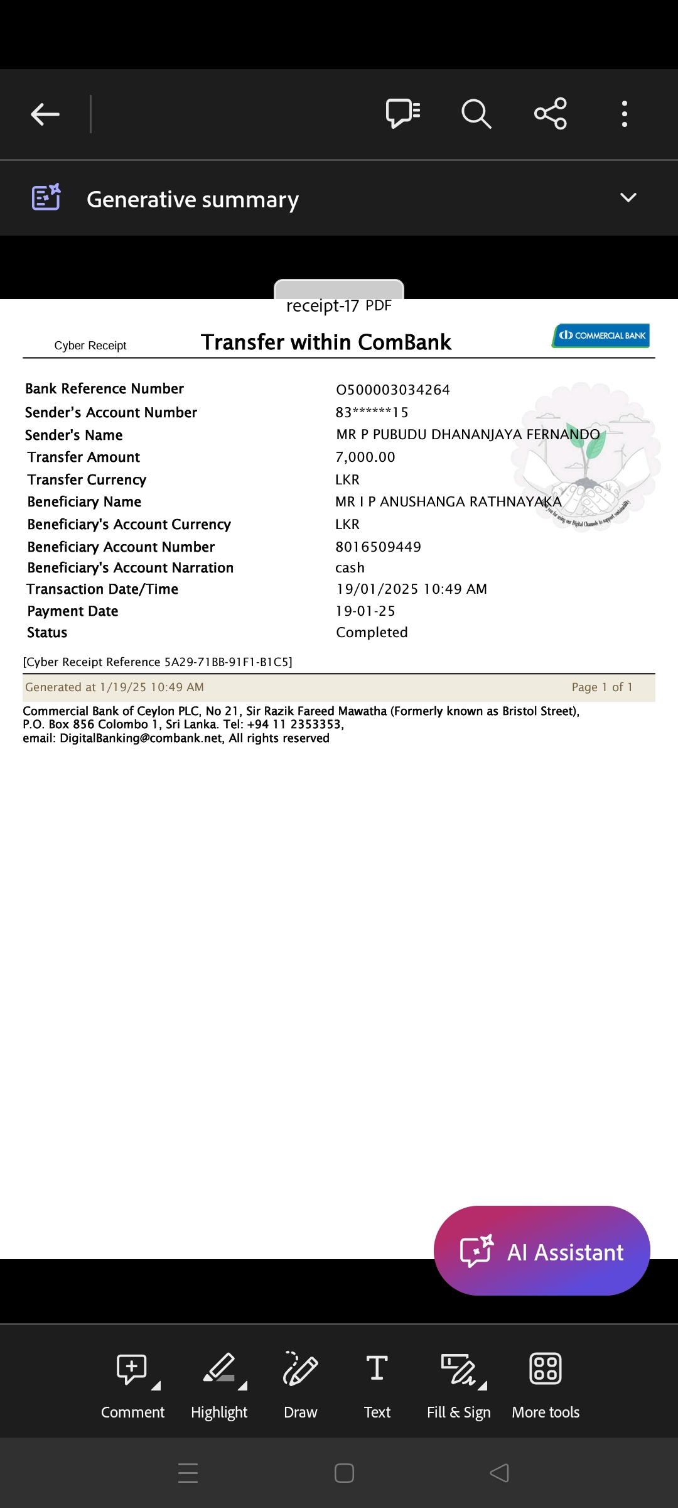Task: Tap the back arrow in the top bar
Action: coord(45,114)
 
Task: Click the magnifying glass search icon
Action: coord(476,114)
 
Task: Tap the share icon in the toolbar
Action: coord(551,114)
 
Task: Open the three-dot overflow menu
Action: coord(624,114)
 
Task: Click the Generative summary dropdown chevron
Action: coord(628,198)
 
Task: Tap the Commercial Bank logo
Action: coord(601,336)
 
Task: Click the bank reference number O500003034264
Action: coord(393,390)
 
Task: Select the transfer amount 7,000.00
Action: coord(365,457)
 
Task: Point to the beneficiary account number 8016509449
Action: coord(378,547)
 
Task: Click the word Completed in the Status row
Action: coord(372,633)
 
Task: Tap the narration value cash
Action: coord(350,568)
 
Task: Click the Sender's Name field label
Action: coord(74,435)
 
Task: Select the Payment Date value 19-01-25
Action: coord(365,611)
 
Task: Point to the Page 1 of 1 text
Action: coord(601,687)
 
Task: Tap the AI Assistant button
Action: coord(542,1252)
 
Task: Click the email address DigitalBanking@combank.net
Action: coord(141,738)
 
